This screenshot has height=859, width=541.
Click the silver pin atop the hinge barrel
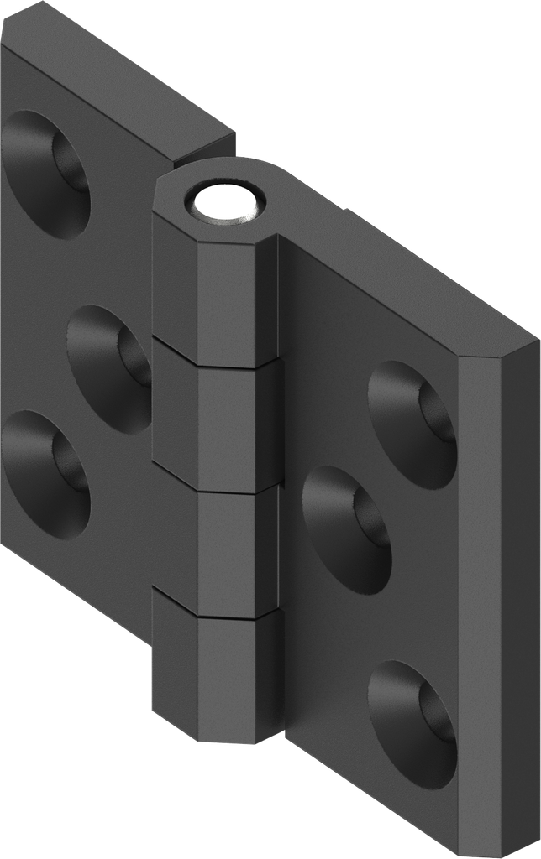pyautogui.click(x=224, y=204)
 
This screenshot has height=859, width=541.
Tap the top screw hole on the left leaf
pyautogui.click(x=46, y=174)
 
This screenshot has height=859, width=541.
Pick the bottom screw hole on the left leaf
pyautogui.click(x=46, y=472)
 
